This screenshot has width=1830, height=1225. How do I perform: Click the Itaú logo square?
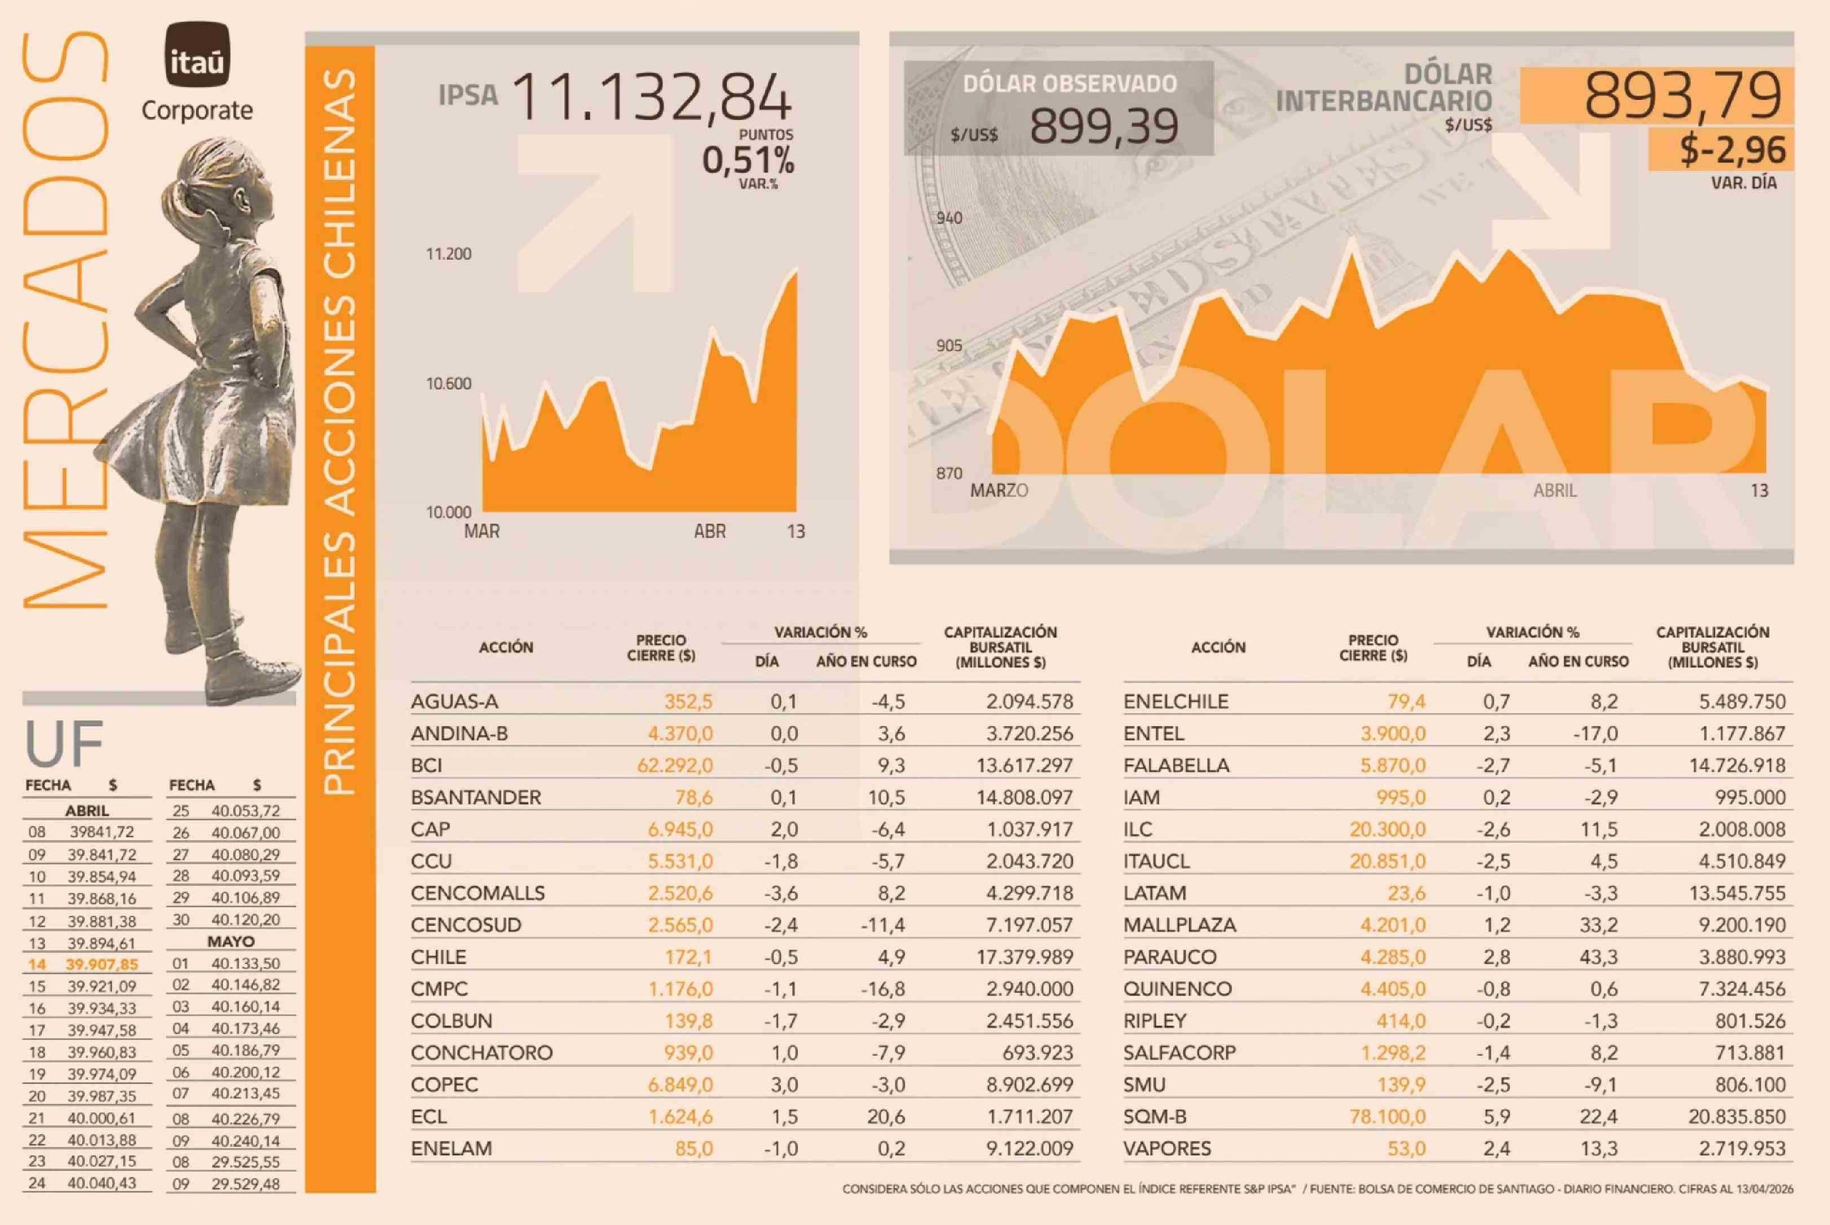tap(197, 54)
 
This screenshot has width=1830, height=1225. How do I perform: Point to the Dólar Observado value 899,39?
tap(1103, 126)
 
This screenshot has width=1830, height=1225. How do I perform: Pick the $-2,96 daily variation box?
tap(1732, 150)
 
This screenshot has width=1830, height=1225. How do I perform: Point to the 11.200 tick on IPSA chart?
tap(448, 254)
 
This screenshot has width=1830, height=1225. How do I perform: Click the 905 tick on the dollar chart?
tap(949, 345)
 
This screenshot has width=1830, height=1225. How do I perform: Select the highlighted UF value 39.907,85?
tap(102, 964)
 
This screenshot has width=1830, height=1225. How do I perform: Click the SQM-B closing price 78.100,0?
tap(1387, 1116)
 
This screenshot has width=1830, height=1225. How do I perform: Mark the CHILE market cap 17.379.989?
tap(1024, 957)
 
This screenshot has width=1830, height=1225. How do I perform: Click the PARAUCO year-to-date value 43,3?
tap(1599, 957)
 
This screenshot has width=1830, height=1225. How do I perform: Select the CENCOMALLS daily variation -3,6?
tap(781, 893)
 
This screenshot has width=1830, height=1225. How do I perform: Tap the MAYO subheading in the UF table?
tap(231, 941)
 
